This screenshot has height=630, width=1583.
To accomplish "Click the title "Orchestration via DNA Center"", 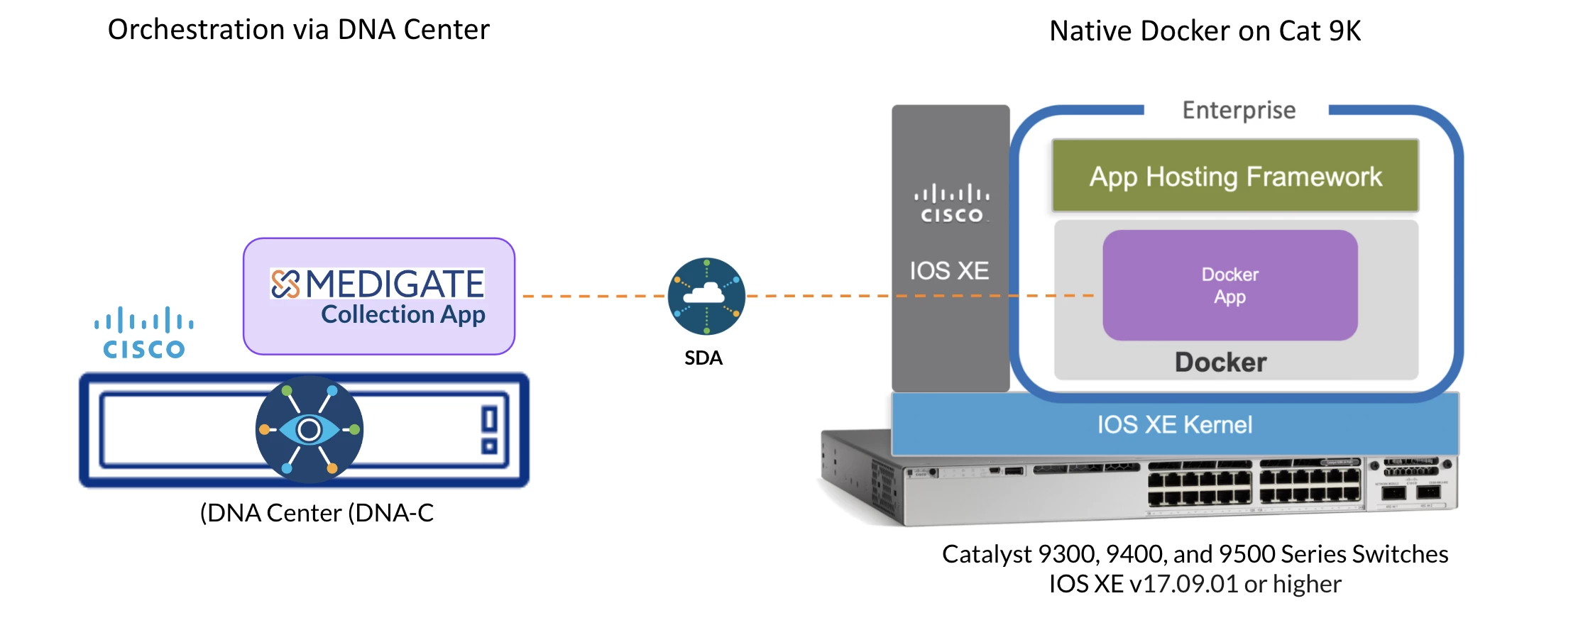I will click(x=298, y=30).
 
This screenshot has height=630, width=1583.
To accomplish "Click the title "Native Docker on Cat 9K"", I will click(x=1205, y=31).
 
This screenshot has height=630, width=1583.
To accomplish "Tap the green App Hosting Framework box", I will click(x=1235, y=176).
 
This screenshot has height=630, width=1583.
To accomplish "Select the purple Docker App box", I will click(x=1229, y=284).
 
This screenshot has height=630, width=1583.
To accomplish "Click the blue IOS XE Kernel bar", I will click(x=1175, y=424).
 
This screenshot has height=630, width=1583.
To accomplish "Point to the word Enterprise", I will click(x=1239, y=111).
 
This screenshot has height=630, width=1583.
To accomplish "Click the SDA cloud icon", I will click(x=706, y=296).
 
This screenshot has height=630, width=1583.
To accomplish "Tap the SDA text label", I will click(x=703, y=358).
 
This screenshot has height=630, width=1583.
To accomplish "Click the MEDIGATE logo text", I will click(x=395, y=284).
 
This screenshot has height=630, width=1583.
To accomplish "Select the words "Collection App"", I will click(x=402, y=314).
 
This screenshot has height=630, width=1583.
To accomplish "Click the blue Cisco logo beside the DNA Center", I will click(x=144, y=333).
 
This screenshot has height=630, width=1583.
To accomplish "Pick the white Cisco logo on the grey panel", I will click(x=951, y=204).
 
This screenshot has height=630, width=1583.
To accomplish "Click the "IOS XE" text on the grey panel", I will click(x=949, y=270).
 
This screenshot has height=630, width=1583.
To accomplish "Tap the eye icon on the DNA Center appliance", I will click(x=310, y=429).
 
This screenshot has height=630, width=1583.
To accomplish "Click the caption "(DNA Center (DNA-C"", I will click(x=317, y=512).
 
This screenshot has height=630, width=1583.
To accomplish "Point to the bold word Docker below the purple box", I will click(x=1220, y=362).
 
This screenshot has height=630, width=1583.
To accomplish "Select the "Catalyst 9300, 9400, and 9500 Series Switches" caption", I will click(x=1195, y=553).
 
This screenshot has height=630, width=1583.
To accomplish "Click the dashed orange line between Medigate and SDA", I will click(x=593, y=296).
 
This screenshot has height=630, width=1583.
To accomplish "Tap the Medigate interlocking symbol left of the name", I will click(x=285, y=284).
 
